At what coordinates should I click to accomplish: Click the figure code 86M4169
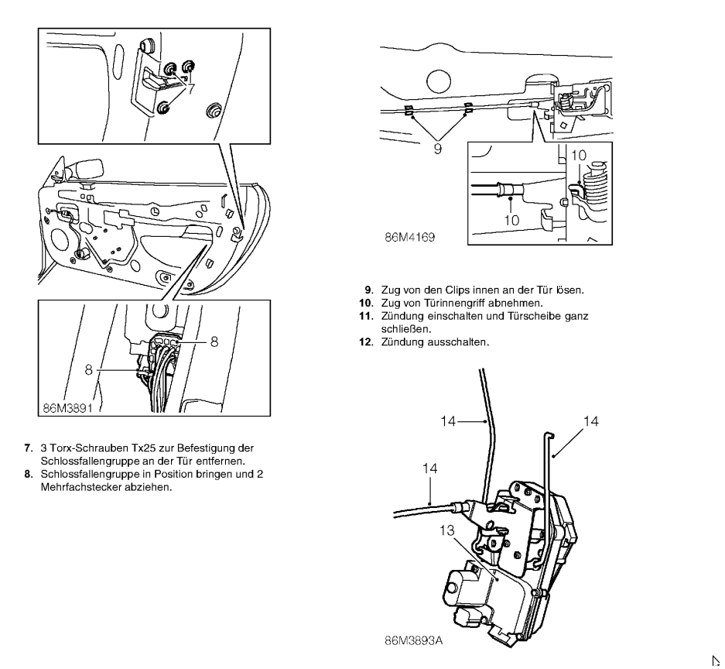(410, 238)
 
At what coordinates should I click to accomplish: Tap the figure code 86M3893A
(417, 642)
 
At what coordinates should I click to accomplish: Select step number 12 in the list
(358, 341)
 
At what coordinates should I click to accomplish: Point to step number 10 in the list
(358, 303)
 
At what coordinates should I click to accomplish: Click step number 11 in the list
(358, 315)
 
